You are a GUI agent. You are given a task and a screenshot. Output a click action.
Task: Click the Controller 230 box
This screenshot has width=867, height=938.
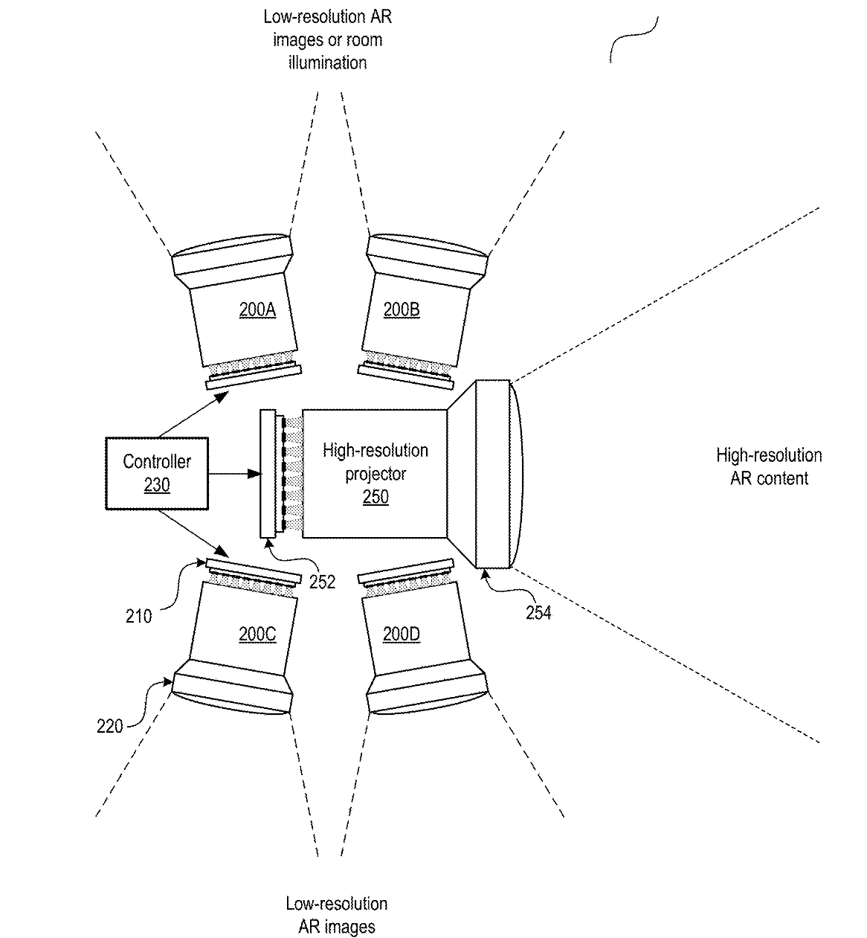click(157, 473)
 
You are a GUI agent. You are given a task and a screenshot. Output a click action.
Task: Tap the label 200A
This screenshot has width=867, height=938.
click(257, 309)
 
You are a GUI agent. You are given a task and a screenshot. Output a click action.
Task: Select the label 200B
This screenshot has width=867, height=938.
click(402, 309)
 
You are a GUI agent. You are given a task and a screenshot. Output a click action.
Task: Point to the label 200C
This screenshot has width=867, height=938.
click(257, 635)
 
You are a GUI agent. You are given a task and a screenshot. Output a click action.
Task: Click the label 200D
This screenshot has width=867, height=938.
click(402, 635)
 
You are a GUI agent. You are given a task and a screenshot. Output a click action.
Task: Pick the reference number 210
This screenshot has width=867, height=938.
click(138, 615)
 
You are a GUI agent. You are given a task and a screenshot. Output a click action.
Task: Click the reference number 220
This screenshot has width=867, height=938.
click(110, 726)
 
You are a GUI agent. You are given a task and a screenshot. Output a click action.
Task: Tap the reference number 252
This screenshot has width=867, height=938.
click(322, 582)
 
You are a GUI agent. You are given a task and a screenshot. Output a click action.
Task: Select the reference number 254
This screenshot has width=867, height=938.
click(538, 613)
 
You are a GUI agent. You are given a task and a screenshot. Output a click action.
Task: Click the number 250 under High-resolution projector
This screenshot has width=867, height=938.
click(376, 497)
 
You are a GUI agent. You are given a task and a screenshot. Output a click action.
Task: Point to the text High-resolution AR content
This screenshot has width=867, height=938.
click(769, 466)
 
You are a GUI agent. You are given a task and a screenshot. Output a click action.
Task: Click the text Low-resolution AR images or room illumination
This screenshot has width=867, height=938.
click(327, 39)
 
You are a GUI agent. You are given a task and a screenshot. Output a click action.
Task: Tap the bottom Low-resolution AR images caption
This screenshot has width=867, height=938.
click(336, 915)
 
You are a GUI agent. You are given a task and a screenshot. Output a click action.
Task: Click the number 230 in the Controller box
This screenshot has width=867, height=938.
click(157, 485)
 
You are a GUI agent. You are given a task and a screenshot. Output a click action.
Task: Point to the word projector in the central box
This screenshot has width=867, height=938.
click(376, 474)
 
